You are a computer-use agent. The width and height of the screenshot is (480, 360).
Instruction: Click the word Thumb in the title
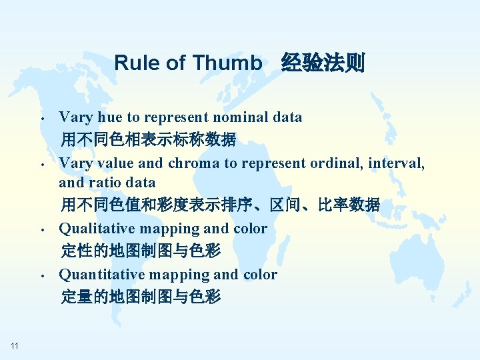[227, 63]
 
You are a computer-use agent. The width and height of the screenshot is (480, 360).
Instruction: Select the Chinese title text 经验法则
[323, 63]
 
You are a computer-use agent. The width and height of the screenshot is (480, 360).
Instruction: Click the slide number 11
[15, 345]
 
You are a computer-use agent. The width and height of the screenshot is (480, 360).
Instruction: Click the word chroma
[192, 163]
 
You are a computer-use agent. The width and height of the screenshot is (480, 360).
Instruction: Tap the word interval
[399, 163]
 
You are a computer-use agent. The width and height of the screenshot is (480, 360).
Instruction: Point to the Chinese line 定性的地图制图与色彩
[141, 251]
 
